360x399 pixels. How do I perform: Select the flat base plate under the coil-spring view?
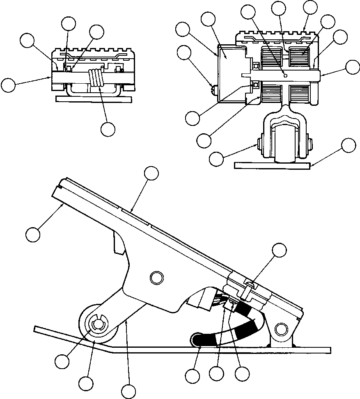point(94,99)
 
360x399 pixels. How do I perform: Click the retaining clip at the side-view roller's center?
point(98,324)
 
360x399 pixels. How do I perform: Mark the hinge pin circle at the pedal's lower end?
point(281,328)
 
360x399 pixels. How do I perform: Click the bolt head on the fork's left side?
point(259,143)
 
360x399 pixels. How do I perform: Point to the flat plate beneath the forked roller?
point(272,165)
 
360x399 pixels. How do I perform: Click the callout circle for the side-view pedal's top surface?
point(151,174)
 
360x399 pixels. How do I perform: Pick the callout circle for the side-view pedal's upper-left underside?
point(33,235)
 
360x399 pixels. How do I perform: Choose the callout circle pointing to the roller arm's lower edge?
point(130,391)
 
